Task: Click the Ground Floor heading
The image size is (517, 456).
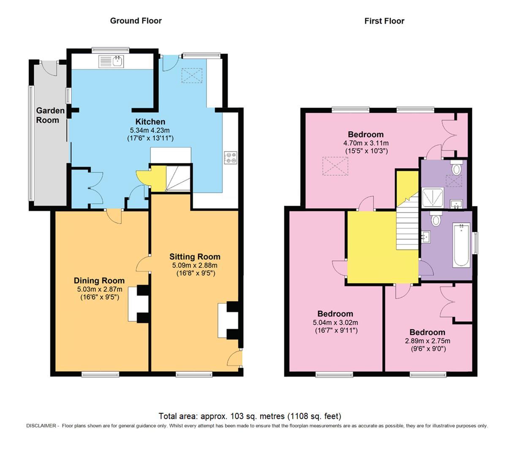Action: pos(136,21)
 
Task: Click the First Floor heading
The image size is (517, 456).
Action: pos(384,21)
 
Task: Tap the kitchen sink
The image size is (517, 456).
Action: pos(111,62)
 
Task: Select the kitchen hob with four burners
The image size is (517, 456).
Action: pos(231,157)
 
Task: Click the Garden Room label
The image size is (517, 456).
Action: pos(50,115)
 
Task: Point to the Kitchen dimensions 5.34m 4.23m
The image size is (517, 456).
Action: pos(150,130)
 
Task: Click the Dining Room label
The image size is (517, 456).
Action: pos(99,281)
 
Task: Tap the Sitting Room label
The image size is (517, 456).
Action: pos(195,257)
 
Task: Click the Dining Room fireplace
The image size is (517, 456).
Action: pos(139,304)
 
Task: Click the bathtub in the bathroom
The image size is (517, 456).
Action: pos(461,245)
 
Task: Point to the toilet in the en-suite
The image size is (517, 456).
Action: pos(456,168)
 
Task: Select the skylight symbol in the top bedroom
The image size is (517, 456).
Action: pos(335,166)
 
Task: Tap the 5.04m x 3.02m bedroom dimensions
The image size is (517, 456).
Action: pos(335,323)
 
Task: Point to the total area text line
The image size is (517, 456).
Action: pos(250,416)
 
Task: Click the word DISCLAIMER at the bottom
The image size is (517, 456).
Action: pos(41,426)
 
